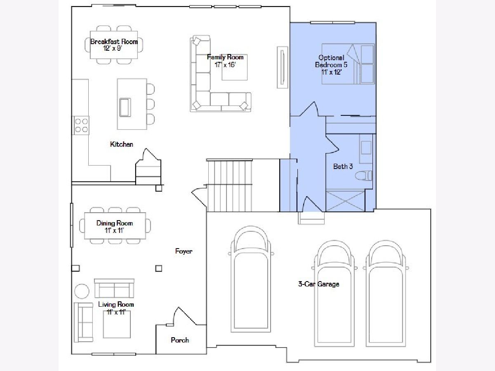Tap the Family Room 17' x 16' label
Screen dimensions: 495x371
click(225, 61)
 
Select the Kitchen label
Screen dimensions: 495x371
click(121, 144)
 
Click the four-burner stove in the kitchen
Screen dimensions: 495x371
click(81, 125)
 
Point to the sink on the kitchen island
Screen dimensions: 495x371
click(125, 108)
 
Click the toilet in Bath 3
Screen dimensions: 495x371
click(363, 176)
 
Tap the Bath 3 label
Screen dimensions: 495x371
click(343, 167)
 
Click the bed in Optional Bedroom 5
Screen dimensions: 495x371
click(348, 64)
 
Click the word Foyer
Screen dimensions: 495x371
click(184, 251)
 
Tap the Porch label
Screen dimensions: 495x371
click(180, 340)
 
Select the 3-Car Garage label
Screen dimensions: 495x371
click(318, 284)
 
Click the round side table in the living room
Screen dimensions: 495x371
click(82, 291)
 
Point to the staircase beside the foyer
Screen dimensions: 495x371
click(229, 185)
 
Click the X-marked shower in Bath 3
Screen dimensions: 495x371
click(345, 201)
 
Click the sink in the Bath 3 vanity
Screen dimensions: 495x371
click(366, 148)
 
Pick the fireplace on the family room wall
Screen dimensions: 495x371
click(282, 67)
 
